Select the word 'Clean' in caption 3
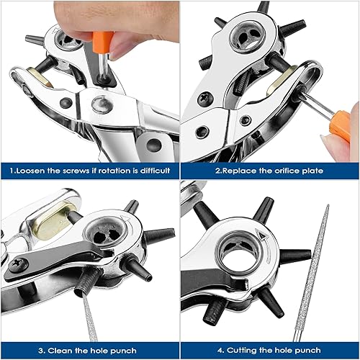60,351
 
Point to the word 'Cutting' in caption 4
241,351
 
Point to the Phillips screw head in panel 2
204,98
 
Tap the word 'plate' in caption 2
312,171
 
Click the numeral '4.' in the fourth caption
220,351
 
